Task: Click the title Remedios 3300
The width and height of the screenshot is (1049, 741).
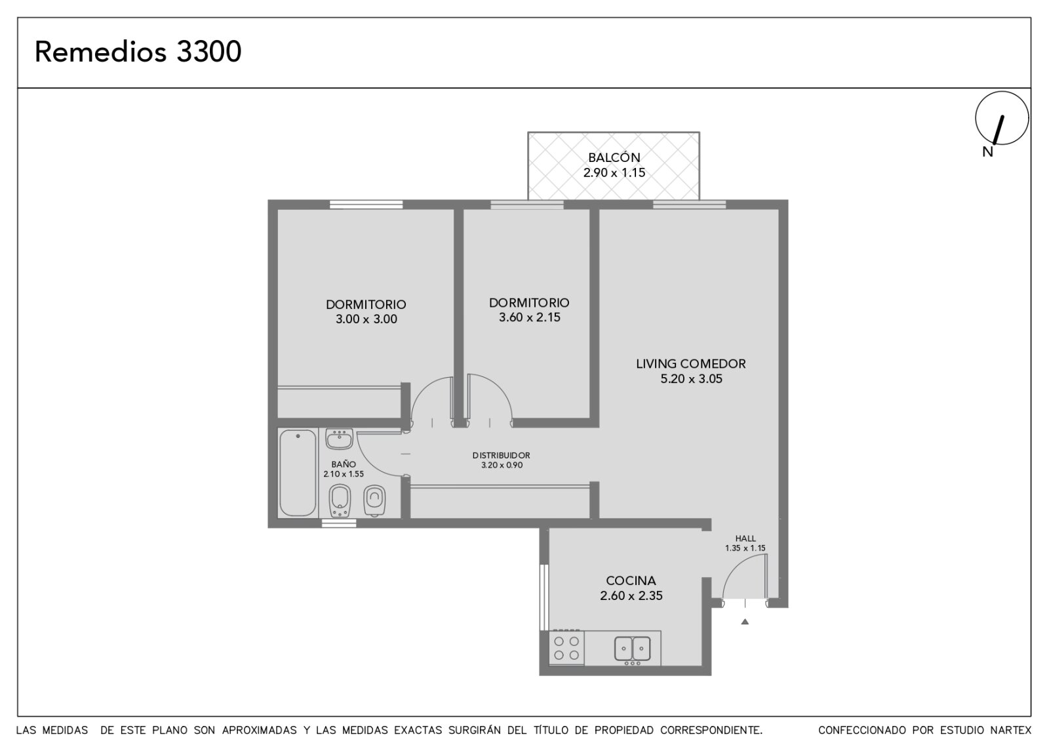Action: (138, 52)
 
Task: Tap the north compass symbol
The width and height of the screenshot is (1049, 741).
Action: (1002, 119)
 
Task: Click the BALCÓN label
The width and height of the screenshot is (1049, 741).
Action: (614, 157)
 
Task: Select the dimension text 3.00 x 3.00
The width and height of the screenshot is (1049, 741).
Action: (366, 319)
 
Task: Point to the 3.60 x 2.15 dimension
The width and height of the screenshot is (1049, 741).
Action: (529, 317)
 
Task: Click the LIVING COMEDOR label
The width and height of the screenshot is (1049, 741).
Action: (691, 363)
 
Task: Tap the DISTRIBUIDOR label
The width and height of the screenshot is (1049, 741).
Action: (501, 455)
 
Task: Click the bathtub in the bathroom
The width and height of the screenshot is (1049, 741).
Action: (298, 473)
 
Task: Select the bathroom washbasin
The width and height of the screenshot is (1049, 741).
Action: (339, 439)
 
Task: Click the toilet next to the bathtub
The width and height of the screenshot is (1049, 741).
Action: (340, 501)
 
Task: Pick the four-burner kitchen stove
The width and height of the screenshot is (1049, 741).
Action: (566, 647)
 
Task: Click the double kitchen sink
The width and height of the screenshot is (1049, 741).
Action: (632, 649)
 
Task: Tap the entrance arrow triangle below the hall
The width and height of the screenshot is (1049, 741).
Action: (745, 622)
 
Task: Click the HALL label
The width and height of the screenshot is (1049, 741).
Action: (745, 538)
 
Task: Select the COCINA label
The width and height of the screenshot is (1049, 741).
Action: (631, 581)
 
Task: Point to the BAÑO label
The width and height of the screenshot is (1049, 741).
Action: (344, 464)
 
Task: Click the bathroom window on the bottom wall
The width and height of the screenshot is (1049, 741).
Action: (339, 523)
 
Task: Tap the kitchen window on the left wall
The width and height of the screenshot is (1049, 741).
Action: (544, 597)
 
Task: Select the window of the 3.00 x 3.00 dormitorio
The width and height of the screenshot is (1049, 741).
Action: (366, 205)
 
